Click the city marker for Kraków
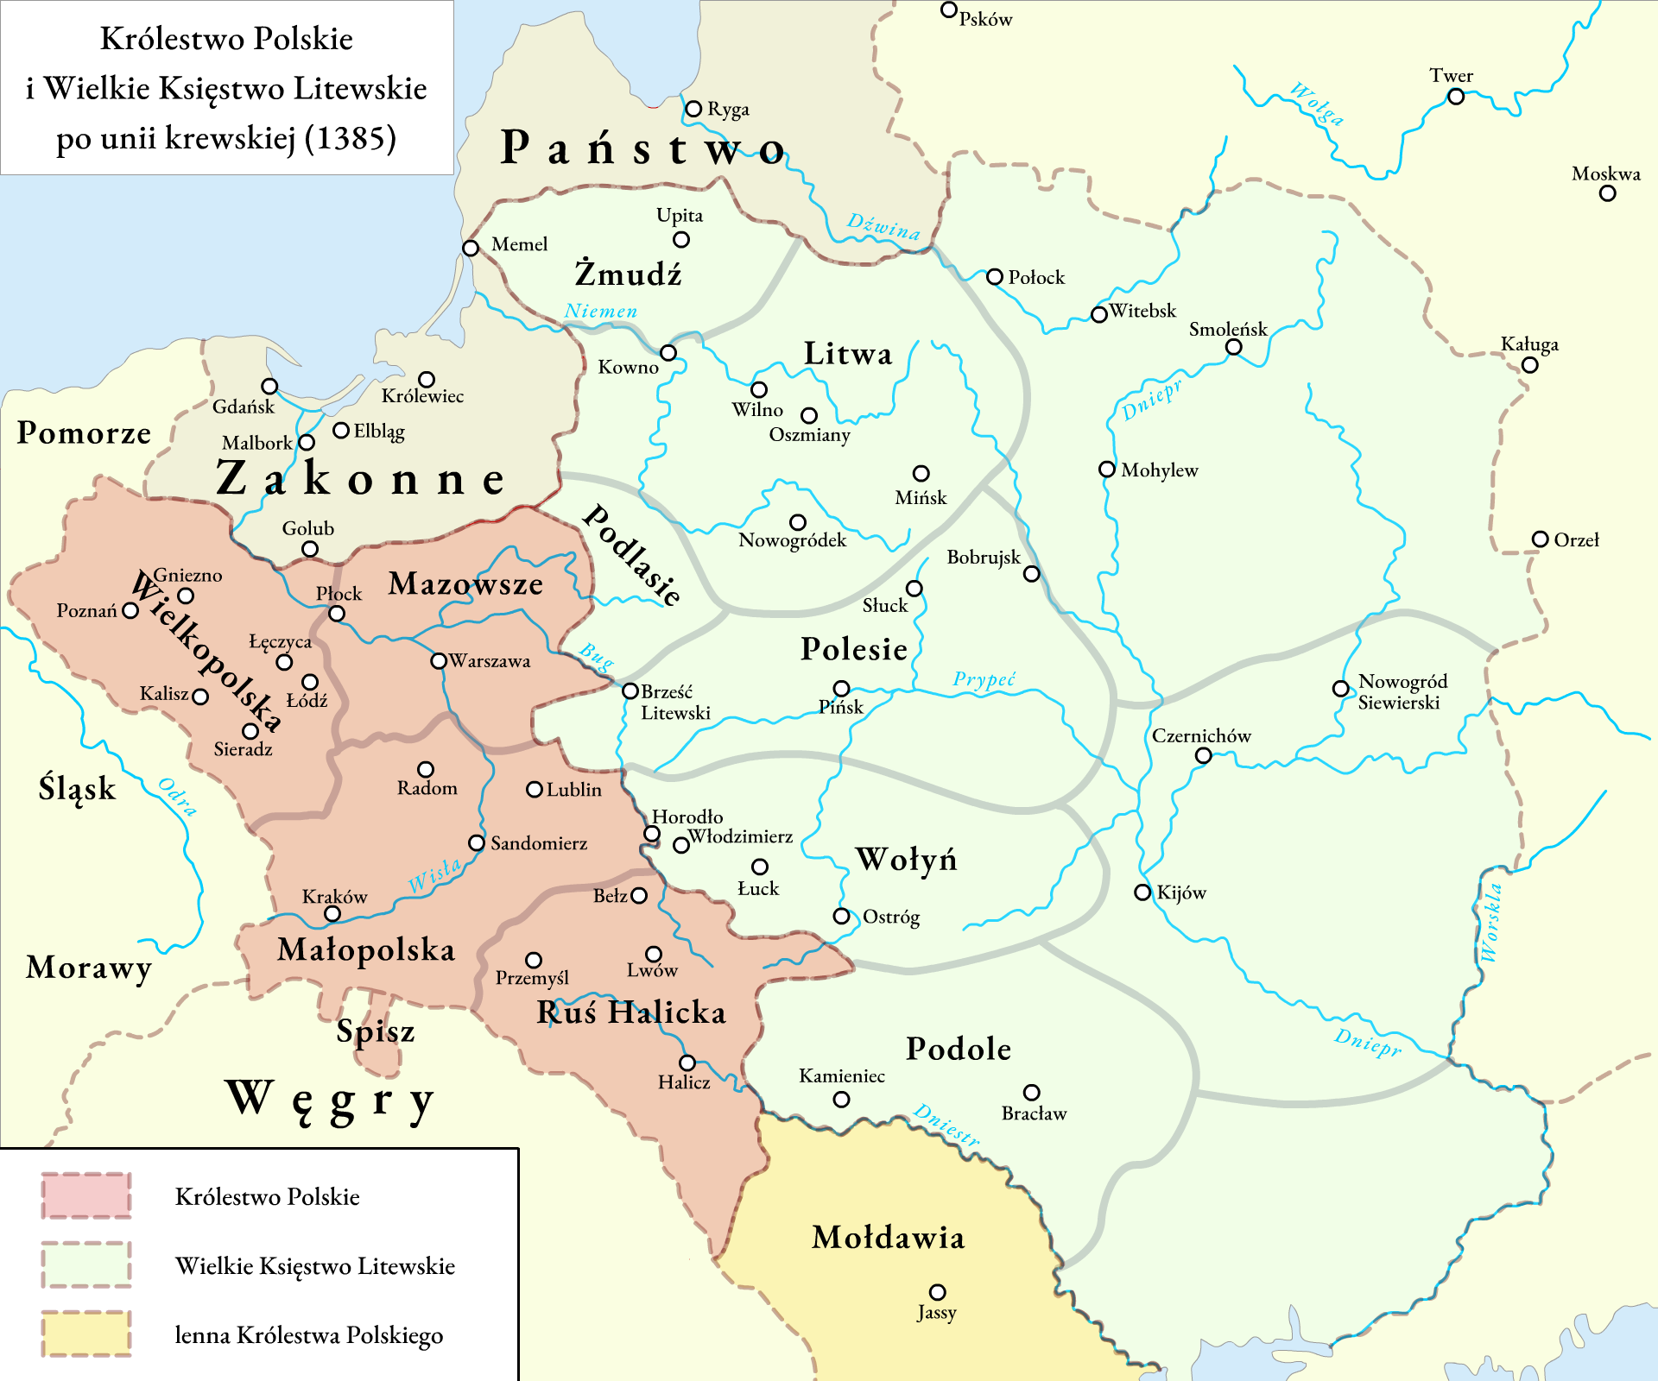[332, 914]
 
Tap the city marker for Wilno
[759, 390]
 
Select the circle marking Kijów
[1142, 892]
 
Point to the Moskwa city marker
[1607, 193]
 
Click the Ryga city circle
[693, 110]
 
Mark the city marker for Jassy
[937, 1292]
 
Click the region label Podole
[959, 1049]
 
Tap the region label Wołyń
[906, 860]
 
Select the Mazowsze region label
[465, 584]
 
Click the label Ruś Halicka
[631, 1012]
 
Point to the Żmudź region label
[628, 274]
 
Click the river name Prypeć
[984, 679]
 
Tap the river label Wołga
[1317, 104]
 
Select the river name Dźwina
[883, 226]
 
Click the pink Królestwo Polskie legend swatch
[86, 1195]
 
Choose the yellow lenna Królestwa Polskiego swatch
[86, 1334]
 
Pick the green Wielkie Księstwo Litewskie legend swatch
[86, 1264]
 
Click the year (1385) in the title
[350, 138]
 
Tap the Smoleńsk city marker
[1234, 347]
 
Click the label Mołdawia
[888, 1238]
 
